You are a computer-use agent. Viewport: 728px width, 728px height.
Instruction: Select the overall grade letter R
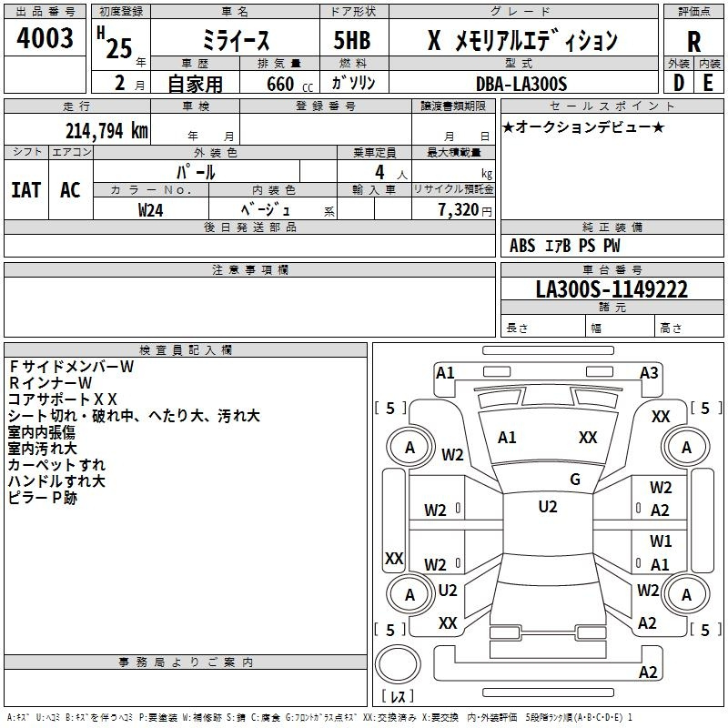[x=693, y=41]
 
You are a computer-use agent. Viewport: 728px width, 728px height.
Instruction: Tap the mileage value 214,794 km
[x=106, y=130]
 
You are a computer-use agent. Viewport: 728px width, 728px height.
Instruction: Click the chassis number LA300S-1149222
[x=611, y=289]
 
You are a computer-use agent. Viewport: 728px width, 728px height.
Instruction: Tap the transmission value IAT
[x=25, y=190]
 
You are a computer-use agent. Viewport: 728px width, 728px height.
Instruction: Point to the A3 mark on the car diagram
[x=649, y=372]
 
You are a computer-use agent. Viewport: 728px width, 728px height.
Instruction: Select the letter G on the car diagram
[x=575, y=480]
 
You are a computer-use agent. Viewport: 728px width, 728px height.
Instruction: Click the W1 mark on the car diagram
[x=661, y=541]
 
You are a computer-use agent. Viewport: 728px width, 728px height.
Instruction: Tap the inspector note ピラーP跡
[x=43, y=498]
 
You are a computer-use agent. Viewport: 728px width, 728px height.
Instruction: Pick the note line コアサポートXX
[x=63, y=399]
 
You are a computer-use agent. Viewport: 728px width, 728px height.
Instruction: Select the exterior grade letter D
[x=678, y=83]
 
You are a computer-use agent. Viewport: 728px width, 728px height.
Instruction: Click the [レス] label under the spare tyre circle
[x=399, y=697]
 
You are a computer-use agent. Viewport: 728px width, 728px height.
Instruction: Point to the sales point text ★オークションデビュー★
[x=582, y=126]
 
